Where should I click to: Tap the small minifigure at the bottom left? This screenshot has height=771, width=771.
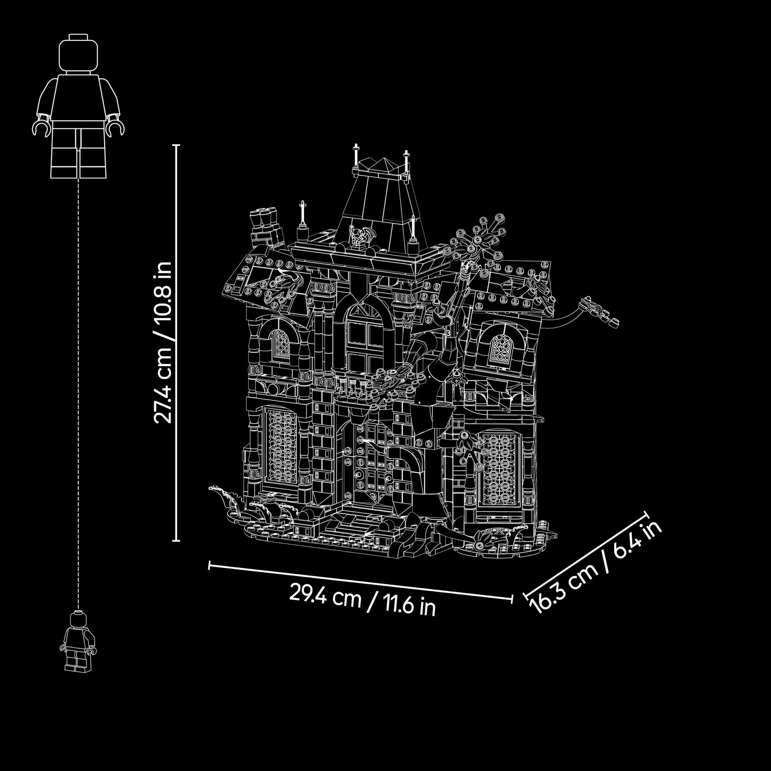78,641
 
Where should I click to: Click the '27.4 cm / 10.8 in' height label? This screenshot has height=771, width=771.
163,342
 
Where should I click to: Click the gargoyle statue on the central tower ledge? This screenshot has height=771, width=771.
359,237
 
